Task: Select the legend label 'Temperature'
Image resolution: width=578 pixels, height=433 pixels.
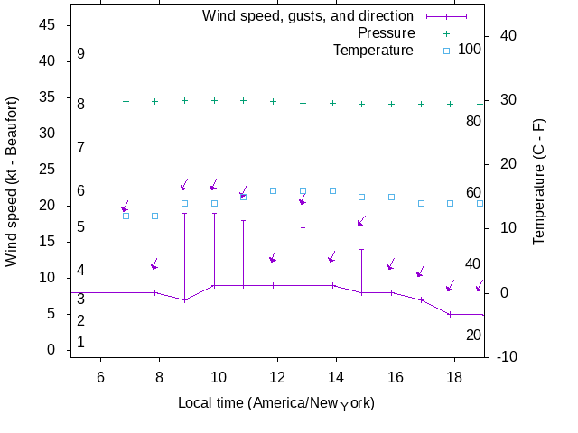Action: point(373,50)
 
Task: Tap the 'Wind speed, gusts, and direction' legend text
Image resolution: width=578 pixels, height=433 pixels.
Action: point(308,16)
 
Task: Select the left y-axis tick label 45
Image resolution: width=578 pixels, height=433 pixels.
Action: point(48,25)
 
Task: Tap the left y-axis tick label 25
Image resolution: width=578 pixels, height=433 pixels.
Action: point(48,170)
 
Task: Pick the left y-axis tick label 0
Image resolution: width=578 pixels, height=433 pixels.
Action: point(52,350)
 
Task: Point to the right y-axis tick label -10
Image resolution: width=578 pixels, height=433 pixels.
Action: point(508,357)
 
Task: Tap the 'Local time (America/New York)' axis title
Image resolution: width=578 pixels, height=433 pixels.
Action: point(276,402)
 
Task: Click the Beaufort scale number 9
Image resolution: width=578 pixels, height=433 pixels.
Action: point(81,54)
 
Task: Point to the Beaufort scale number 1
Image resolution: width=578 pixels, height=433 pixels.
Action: point(81,342)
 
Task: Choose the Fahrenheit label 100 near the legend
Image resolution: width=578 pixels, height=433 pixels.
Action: point(470,49)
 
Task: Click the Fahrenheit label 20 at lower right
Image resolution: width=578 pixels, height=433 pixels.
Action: point(473,335)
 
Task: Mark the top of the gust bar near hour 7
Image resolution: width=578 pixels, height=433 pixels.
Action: point(126,235)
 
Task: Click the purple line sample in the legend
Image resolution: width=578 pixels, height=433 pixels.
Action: point(446,16)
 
